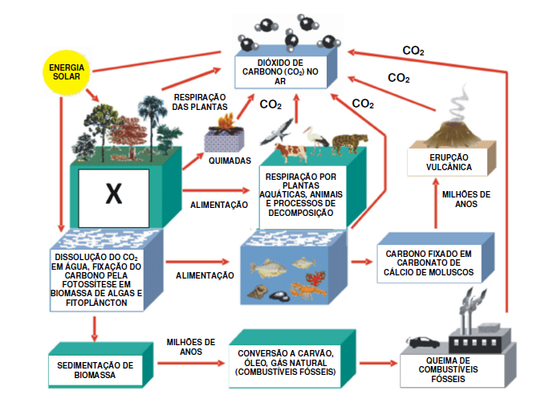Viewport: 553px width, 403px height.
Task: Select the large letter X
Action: click(113, 193)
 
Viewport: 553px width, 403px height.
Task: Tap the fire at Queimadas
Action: click(226, 124)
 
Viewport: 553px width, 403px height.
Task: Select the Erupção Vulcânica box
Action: click(449, 163)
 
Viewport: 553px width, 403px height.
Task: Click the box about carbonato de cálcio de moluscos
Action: click(429, 263)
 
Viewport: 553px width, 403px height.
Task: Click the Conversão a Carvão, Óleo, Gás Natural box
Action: click(286, 362)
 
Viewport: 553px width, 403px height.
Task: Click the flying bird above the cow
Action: click(280, 128)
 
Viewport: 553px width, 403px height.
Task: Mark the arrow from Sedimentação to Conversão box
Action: click(189, 363)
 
